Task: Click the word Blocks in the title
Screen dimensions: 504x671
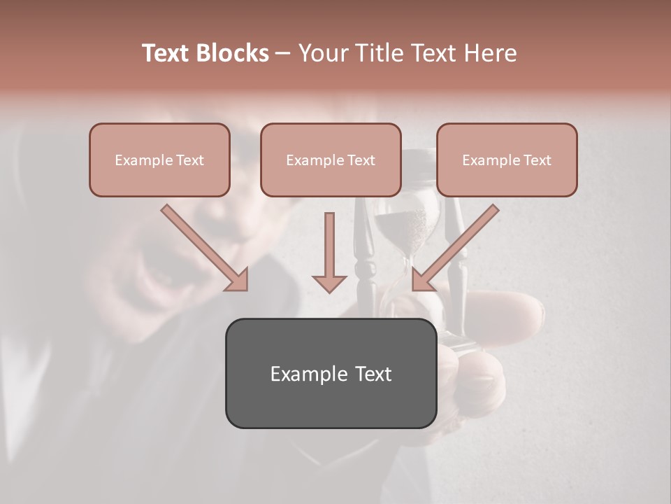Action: (232, 54)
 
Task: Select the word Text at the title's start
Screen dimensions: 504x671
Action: (166, 54)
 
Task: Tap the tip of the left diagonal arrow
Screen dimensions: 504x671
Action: (244, 286)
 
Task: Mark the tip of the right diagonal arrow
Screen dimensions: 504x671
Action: (416, 286)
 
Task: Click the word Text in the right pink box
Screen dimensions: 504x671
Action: (537, 160)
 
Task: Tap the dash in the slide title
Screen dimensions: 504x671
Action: (283, 54)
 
